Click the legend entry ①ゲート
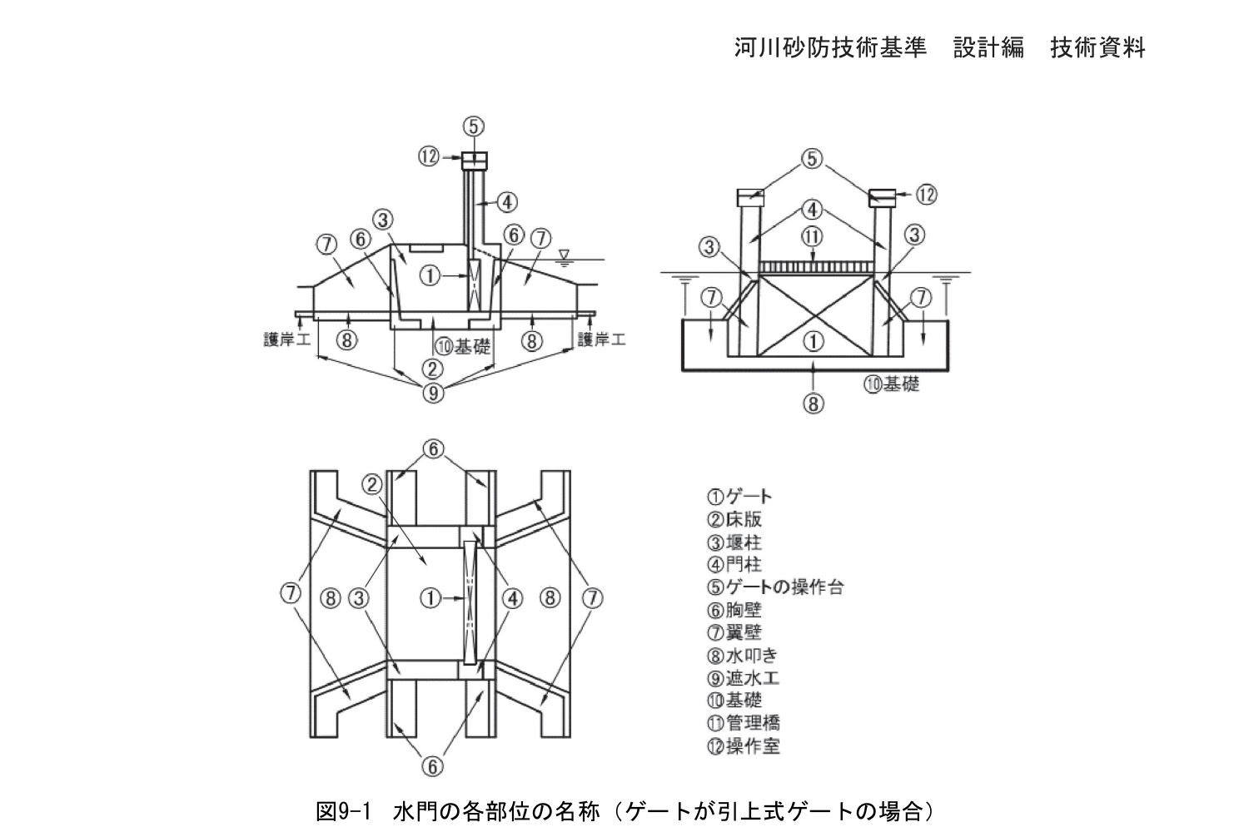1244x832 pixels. click(739, 496)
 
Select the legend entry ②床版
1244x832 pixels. click(734, 519)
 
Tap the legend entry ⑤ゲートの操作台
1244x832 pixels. click(775, 587)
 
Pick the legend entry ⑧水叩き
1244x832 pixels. click(742, 656)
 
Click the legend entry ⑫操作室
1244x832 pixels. click(743, 746)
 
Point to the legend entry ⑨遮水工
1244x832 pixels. click(743, 678)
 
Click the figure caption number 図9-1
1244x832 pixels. click(343, 812)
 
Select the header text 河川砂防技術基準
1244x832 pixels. click(830, 47)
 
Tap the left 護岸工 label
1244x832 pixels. click(287, 339)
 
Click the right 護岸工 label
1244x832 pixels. click(601, 339)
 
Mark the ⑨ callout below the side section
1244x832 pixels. click(433, 393)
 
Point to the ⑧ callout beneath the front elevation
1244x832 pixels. click(813, 404)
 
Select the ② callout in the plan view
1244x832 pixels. click(372, 484)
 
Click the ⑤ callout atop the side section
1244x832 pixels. click(473, 126)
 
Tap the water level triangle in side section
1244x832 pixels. click(565, 255)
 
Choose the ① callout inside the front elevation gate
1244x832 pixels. click(814, 341)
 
